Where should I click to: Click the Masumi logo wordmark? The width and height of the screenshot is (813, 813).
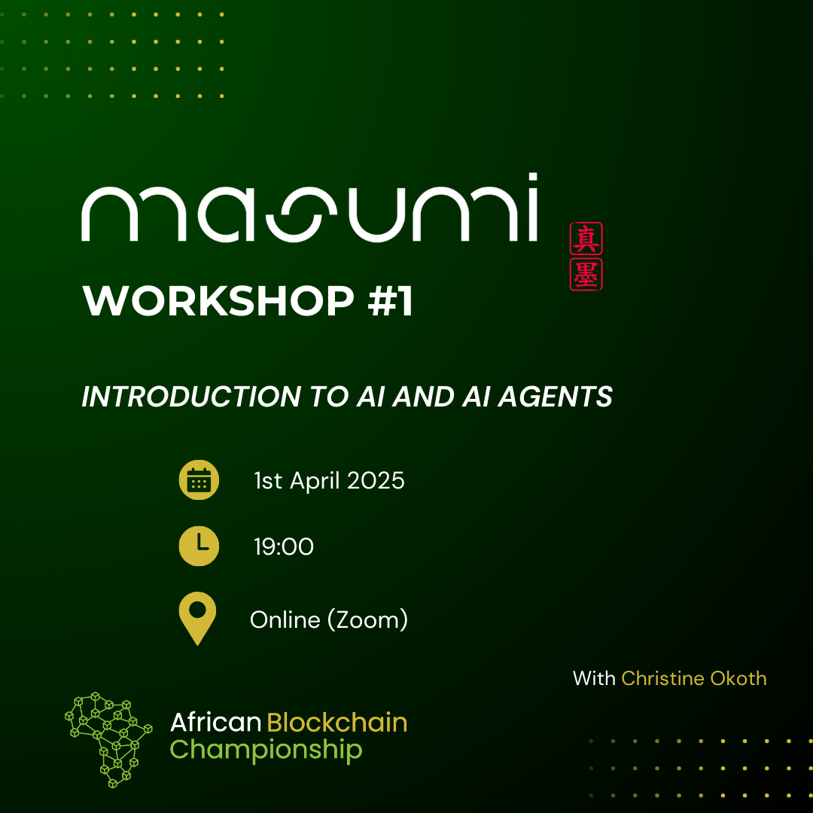pos(309,208)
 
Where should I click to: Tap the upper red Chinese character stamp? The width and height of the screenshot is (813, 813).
pos(586,239)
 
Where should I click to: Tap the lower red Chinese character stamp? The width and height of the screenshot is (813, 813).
pos(586,274)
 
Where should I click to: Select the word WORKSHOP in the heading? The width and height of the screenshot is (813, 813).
pos(218,300)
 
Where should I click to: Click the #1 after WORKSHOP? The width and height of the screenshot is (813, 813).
pos(391,300)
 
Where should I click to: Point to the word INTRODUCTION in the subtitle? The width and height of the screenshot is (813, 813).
pos(191,397)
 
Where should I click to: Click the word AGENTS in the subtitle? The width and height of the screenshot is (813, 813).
pos(556,397)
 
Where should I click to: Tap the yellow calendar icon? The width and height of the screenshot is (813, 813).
pos(199,480)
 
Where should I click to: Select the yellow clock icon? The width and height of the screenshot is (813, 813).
pos(199,546)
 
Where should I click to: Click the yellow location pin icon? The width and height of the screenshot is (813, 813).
pos(197,618)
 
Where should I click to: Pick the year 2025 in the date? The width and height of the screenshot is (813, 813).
pos(376,480)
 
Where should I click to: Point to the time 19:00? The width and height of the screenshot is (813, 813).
pos(284,547)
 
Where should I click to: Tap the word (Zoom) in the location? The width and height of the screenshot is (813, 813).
pos(367,620)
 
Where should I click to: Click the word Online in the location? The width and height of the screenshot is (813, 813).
pos(285,620)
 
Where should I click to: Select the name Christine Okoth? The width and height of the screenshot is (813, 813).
pos(694,678)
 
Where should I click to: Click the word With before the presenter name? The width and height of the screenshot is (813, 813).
pos(594,678)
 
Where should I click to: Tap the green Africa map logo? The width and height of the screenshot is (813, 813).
pos(108,740)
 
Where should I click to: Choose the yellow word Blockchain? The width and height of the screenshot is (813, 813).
pos(337,722)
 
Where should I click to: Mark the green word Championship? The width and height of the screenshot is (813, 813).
pos(266,750)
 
